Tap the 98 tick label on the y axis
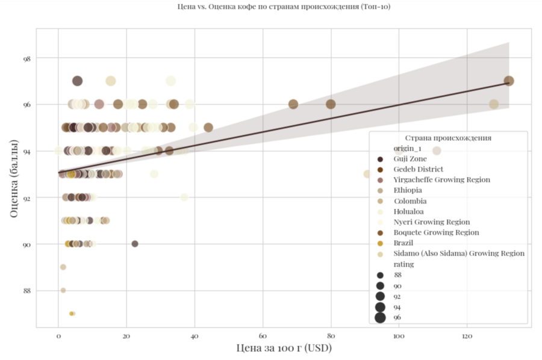click(x=27, y=58)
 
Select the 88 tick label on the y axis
click(x=27, y=291)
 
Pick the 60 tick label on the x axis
click(x=263, y=335)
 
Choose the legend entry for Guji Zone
click(x=410, y=159)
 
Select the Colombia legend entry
click(x=410, y=201)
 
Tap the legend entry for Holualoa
click(x=408, y=211)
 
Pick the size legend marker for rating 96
click(x=380, y=317)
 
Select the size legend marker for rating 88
click(x=380, y=275)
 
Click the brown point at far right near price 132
click(x=509, y=81)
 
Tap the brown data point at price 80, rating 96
click(x=331, y=104)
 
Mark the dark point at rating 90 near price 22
click(x=135, y=244)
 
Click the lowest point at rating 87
click(x=72, y=314)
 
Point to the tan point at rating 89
click(x=63, y=267)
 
